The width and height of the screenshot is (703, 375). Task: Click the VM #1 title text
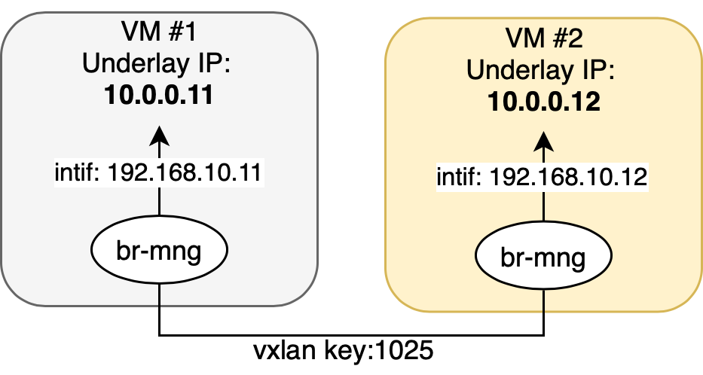click(159, 32)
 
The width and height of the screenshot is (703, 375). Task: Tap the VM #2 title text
click(544, 38)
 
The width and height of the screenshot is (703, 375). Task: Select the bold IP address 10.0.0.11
click(159, 96)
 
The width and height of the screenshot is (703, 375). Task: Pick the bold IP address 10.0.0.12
click(544, 102)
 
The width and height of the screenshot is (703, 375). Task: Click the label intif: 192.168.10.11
click(158, 172)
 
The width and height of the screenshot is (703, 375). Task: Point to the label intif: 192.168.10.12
click(542, 178)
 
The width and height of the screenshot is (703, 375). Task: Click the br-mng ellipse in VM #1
click(159, 249)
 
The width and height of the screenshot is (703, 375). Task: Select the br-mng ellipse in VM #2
click(543, 255)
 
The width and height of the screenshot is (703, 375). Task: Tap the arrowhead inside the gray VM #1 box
click(159, 136)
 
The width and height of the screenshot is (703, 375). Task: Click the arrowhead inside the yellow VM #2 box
click(544, 142)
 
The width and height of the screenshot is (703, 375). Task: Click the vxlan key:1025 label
click(344, 350)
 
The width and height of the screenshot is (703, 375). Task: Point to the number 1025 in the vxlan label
click(404, 350)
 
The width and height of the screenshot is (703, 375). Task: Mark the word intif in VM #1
click(75, 172)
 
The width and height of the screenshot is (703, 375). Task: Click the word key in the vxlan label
click(344, 351)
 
